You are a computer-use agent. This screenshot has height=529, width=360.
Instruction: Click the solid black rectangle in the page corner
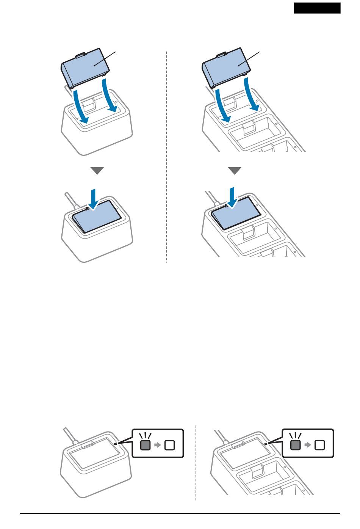(317, 8)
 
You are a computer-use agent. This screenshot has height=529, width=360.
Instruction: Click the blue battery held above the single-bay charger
(86, 67)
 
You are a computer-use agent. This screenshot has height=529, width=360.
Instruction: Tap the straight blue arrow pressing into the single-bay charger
(94, 198)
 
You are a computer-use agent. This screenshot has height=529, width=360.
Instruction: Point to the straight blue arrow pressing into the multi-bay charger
(234, 196)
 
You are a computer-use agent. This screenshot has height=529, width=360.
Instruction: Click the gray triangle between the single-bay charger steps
(97, 171)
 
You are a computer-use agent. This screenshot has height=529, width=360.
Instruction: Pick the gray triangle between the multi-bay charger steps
(235, 171)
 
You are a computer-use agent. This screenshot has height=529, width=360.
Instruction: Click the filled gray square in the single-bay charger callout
(145, 445)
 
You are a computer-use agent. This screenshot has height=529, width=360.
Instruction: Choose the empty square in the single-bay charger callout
(170, 445)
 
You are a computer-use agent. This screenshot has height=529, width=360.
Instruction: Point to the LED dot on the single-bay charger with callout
(119, 443)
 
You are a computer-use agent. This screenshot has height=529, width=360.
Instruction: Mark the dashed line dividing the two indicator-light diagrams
(196, 463)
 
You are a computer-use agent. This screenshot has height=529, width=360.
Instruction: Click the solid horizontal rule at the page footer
(180, 514)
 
